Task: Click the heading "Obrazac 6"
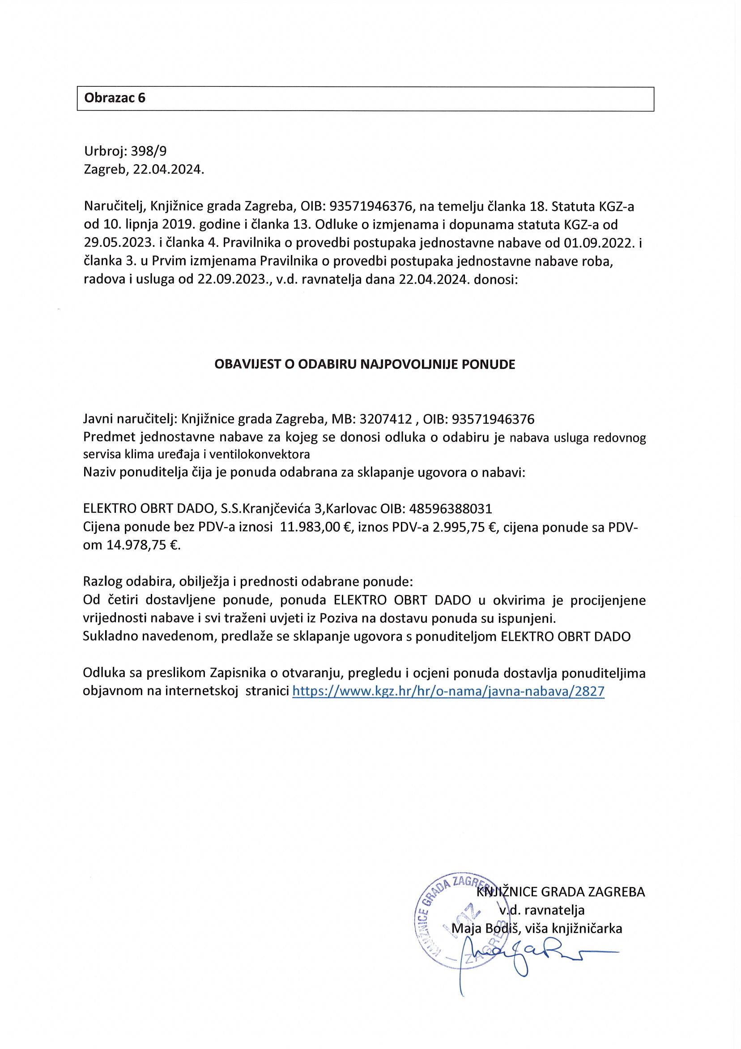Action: (x=115, y=98)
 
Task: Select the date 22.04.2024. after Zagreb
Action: (x=169, y=170)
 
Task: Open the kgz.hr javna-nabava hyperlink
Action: (x=448, y=691)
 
